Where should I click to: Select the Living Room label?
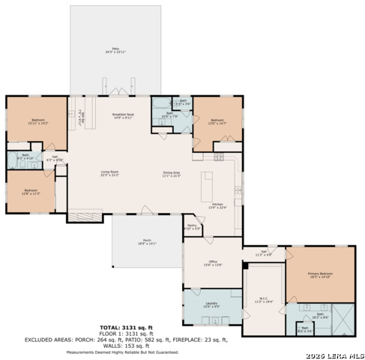[x=110, y=173]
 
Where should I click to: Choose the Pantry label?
[x=192, y=226]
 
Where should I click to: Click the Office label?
[x=212, y=262]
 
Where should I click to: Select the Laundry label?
[x=211, y=304]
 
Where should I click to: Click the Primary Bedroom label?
[x=320, y=275]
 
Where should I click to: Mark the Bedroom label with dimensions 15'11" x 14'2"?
[x=37, y=121]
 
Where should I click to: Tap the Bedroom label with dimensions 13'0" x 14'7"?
[x=217, y=121]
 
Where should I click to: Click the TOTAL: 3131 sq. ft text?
[x=126, y=328]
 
